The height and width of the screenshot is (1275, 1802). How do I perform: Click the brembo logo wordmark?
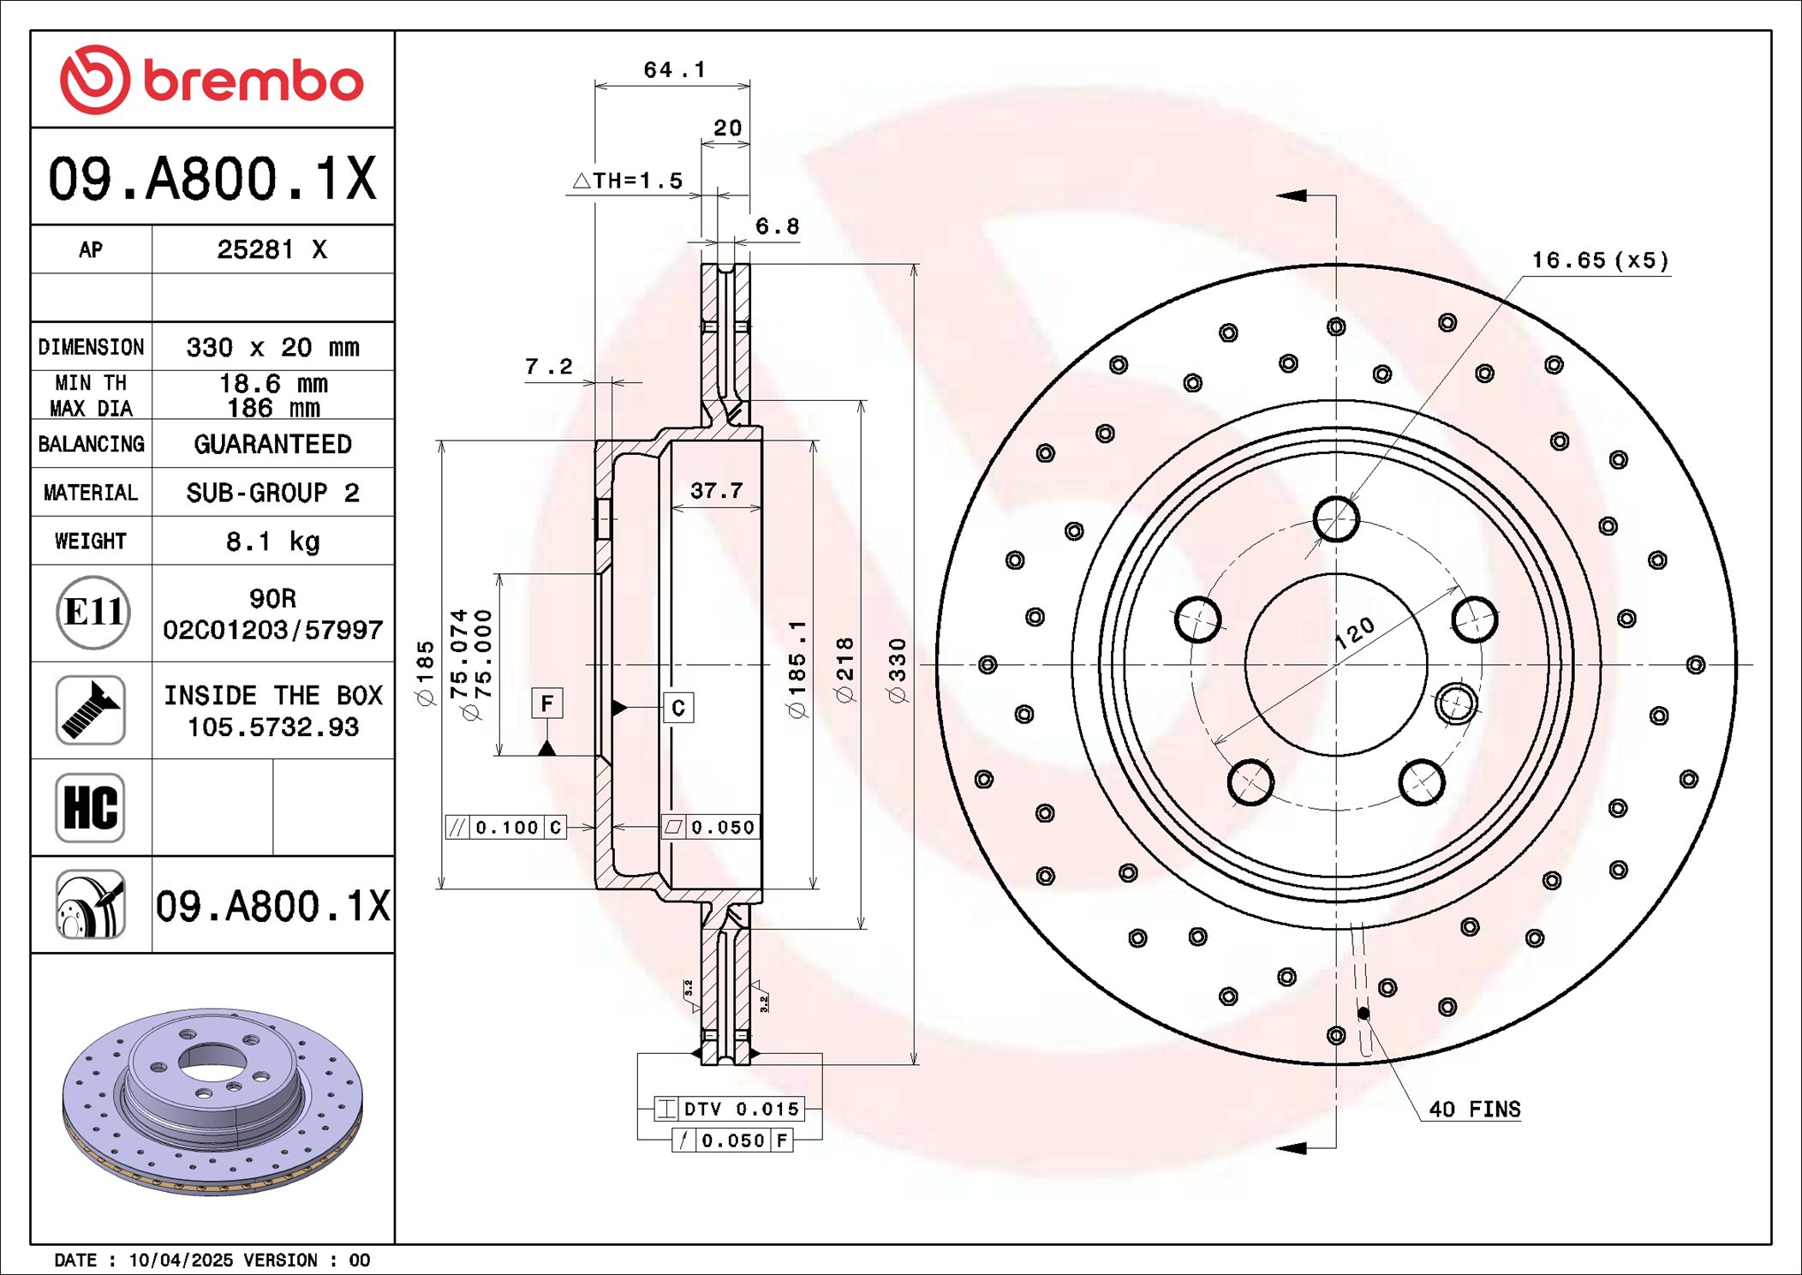(x=253, y=81)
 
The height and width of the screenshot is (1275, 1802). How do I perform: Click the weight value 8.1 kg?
(x=272, y=542)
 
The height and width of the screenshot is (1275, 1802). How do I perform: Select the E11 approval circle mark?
(x=93, y=612)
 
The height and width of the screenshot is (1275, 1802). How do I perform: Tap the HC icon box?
(x=91, y=807)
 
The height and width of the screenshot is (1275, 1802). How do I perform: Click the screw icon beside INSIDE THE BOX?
(x=91, y=709)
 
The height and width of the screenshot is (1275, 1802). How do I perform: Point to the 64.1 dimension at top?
(x=674, y=69)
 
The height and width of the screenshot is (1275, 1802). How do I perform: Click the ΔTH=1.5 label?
(x=628, y=181)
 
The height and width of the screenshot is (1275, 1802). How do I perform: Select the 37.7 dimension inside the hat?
(x=716, y=491)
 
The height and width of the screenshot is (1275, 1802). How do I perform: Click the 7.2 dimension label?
(x=548, y=367)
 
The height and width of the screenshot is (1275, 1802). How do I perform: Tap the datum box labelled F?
(x=547, y=703)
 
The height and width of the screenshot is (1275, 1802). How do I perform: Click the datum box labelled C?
(x=678, y=708)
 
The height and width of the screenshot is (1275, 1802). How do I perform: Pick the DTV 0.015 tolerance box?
(x=729, y=1109)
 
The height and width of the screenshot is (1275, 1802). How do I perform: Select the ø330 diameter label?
(x=897, y=670)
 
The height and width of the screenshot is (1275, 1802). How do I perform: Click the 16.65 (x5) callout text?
(x=1600, y=260)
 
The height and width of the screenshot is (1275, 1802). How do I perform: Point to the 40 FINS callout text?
(x=1474, y=1109)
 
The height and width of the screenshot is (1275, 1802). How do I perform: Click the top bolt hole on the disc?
(x=1336, y=518)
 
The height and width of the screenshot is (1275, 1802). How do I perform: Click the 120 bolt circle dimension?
(x=1355, y=632)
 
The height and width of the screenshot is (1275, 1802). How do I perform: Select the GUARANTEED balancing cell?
(x=272, y=444)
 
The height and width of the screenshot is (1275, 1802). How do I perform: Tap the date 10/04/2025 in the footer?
(x=181, y=1260)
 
